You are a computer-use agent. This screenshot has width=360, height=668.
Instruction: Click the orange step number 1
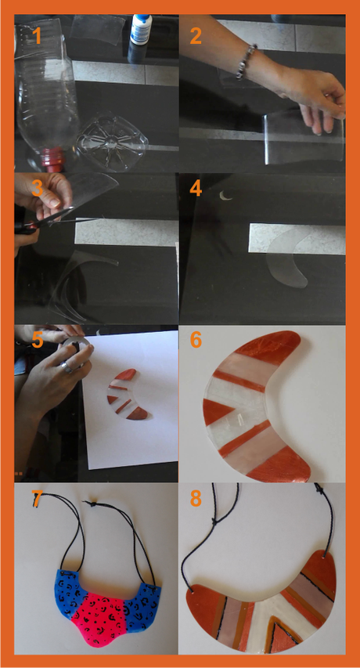coord(38,35)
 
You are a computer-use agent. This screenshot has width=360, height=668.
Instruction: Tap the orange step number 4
coord(196,189)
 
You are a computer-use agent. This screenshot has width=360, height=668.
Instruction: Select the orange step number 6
coord(196,340)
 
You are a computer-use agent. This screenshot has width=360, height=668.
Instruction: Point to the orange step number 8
coord(196,499)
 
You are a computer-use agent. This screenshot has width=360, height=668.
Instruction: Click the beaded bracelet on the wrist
coord(247,62)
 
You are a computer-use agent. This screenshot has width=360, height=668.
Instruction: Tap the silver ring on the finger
coord(66,367)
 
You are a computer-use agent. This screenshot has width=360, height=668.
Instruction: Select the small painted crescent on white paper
coord(124,395)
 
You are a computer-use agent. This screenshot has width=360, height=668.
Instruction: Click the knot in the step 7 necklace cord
coord(89,504)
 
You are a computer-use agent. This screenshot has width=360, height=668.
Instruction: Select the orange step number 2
coord(196,36)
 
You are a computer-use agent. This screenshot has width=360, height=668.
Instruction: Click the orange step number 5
coord(38,340)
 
